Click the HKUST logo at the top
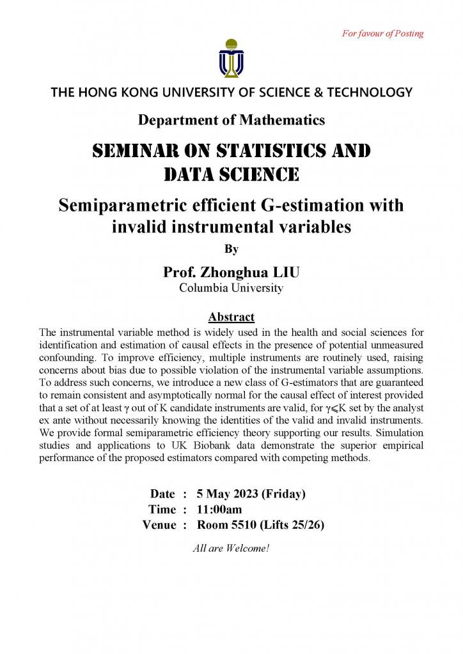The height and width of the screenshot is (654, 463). point(231,58)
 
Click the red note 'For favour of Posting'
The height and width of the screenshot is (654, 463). point(382,33)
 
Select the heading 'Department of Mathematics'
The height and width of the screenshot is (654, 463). point(231,119)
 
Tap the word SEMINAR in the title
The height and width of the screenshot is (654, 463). point(133,151)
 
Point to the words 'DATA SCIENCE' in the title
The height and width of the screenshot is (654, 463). point(231,173)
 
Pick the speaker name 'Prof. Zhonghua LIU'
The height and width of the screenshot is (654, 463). point(231,273)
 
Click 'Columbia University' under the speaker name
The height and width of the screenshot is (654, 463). point(231,288)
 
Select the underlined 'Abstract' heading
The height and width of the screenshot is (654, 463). point(231,317)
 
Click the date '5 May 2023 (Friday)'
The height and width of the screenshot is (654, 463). point(251,494)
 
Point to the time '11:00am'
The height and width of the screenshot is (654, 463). point(219,509)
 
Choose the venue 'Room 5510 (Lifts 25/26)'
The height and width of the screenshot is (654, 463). point(265,525)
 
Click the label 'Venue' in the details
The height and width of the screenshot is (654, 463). point(159,525)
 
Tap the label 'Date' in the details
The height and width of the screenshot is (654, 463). point(162,494)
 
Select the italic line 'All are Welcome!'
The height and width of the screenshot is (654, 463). point(231,547)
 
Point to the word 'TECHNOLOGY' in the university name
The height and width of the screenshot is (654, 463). point(372,92)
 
